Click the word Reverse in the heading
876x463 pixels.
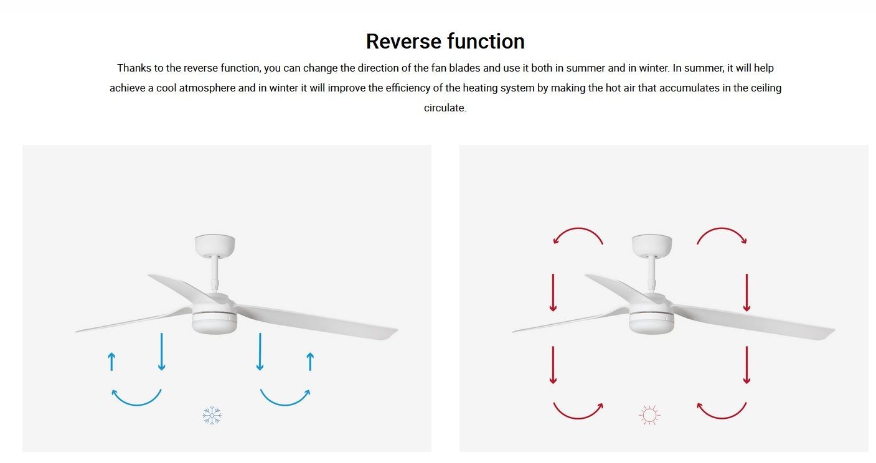(x=403, y=42)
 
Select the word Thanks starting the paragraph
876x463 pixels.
(x=134, y=68)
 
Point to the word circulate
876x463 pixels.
(x=445, y=108)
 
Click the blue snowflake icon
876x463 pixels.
(x=212, y=415)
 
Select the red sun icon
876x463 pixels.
(x=649, y=415)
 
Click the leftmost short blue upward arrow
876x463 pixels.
(x=112, y=362)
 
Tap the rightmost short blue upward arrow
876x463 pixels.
(x=310, y=362)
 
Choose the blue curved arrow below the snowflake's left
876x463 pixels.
(x=136, y=403)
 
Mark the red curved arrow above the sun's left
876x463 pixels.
(x=578, y=228)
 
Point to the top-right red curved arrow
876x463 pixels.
(x=722, y=228)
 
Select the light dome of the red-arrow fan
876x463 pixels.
(x=651, y=324)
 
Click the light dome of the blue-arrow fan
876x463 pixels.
(x=214, y=324)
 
